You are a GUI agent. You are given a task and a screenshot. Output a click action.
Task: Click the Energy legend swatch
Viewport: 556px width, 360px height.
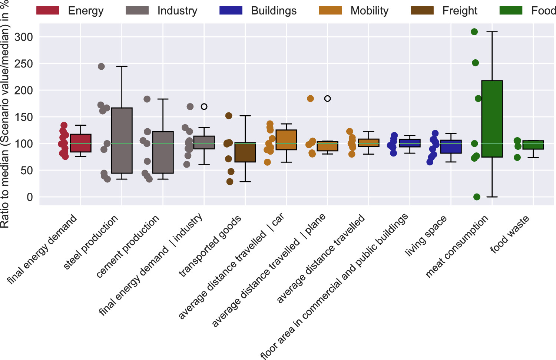click(47, 10)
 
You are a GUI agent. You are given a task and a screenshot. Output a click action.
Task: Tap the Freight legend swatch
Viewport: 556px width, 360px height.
click(422, 10)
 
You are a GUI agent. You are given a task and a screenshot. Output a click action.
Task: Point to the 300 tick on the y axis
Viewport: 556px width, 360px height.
click(24, 37)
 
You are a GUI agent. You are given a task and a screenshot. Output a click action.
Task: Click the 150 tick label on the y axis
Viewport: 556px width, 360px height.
click(24, 117)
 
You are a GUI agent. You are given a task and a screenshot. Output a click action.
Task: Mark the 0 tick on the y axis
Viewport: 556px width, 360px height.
click(29, 197)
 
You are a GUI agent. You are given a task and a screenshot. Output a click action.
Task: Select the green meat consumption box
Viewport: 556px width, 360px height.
click(492, 119)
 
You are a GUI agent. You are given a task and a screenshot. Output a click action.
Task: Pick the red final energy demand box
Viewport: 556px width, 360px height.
click(80, 143)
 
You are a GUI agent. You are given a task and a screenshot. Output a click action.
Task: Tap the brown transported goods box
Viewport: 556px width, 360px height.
click(245, 152)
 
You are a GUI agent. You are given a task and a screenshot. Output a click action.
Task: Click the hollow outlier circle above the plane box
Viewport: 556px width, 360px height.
click(327, 99)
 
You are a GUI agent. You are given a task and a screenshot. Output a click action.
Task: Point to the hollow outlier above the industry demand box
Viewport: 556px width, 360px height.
click(204, 107)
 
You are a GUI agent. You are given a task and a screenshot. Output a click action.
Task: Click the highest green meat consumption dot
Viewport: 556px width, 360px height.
click(474, 32)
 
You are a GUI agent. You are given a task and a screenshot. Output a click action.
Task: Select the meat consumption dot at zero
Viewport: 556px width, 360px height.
click(477, 197)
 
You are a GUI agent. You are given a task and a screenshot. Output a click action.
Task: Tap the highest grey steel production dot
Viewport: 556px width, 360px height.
click(101, 67)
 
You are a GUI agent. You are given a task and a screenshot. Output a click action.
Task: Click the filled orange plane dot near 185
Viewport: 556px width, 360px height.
click(311, 99)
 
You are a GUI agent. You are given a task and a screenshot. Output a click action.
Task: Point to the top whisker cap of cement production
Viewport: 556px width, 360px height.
click(163, 99)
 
